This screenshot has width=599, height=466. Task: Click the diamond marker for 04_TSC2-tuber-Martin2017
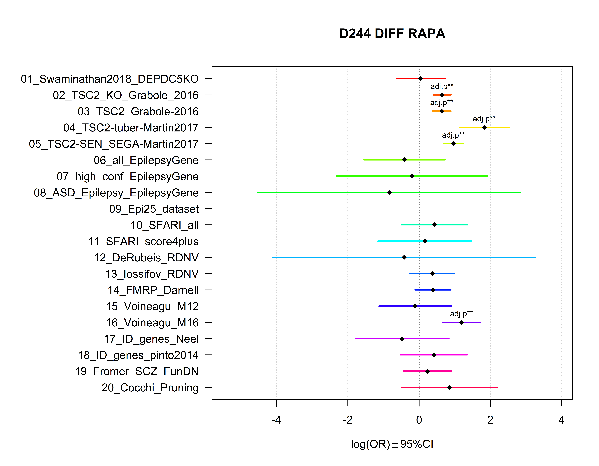click(484, 127)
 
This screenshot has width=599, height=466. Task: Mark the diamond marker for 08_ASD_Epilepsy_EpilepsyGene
click(389, 192)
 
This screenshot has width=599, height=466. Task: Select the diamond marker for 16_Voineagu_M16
click(461, 322)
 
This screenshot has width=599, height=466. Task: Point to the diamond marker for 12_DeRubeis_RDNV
click(404, 257)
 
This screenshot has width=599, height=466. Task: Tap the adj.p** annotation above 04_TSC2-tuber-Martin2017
click(484, 119)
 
